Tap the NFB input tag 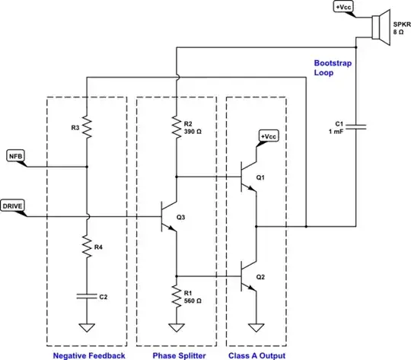pyautogui.click(x=16, y=157)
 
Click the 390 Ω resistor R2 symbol pyautogui.click(x=176, y=126)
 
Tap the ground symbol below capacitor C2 pyautogui.click(x=88, y=329)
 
